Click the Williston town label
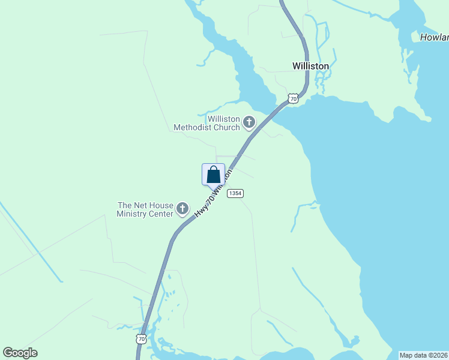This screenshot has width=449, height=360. tap(310, 66)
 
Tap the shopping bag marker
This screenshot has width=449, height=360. tap(213, 175)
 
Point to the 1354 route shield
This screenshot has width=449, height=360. tap(235, 193)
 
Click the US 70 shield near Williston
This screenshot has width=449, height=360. tap(292, 98)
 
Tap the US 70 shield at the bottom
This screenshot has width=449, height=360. tap(140, 339)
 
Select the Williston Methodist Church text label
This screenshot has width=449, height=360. tap(206, 123)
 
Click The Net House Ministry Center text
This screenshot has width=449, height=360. tap(145, 209)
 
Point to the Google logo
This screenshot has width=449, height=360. tap(20, 353)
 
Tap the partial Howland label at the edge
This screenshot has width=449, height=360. tap(434, 37)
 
